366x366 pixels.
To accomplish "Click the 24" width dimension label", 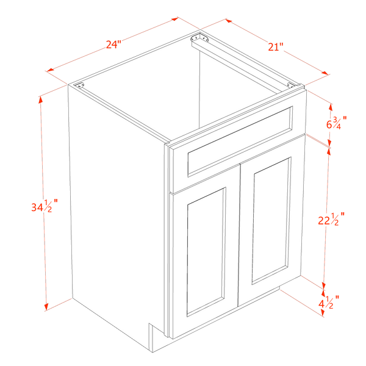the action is [x=113, y=44].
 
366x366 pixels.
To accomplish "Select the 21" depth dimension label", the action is [x=276, y=47].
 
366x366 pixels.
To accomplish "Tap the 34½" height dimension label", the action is [x=45, y=206].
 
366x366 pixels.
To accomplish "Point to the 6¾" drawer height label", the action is [x=336, y=123].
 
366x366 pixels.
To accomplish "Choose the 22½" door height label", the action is [x=331, y=219].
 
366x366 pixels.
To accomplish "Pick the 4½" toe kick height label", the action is [x=329, y=303].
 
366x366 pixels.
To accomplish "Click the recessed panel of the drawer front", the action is [x=240, y=142].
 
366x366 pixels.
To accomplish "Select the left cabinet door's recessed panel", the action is [x=206, y=251].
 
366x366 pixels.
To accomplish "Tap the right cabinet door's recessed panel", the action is [x=271, y=220].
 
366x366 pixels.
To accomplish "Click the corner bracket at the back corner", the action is [x=199, y=38].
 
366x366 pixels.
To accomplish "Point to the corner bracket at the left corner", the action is [x=79, y=85].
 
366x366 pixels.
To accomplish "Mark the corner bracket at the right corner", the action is [x=292, y=85].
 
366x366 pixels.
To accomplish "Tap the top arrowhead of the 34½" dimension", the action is [x=40, y=99].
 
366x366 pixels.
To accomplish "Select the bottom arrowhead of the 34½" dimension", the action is [x=46, y=307].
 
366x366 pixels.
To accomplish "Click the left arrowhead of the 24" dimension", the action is [x=50, y=71].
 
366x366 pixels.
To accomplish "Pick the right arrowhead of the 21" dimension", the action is [x=325, y=73].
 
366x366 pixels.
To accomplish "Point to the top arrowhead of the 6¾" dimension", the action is [x=331, y=107].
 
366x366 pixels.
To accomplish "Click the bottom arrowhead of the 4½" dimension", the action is [x=322, y=313].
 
